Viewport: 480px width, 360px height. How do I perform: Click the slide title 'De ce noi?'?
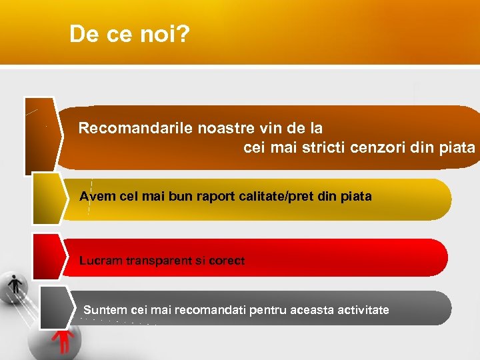coord(129,35)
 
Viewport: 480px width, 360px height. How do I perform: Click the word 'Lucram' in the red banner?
coord(100,261)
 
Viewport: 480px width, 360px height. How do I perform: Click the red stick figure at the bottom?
coord(64,339)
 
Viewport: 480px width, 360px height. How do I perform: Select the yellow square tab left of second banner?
coord(47,199)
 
